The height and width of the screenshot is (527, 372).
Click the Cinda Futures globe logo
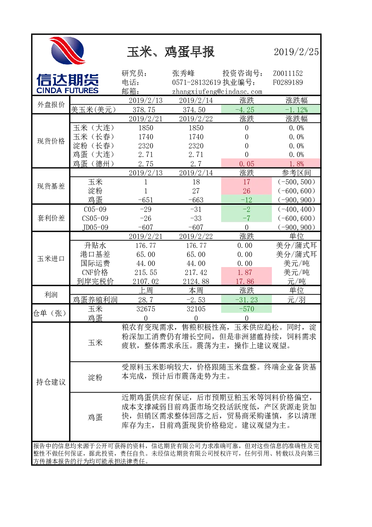67,51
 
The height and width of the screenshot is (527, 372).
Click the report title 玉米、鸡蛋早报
171,52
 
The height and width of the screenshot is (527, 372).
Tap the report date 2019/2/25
296,52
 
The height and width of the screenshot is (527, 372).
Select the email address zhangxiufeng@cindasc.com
217,92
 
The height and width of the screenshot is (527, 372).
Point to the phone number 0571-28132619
196,82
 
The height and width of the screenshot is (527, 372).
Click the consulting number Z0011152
288,73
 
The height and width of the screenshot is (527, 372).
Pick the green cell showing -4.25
246,110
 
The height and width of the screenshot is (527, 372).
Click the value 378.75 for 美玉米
145,110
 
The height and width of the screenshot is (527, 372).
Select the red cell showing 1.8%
296,163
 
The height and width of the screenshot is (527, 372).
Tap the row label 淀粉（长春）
93,146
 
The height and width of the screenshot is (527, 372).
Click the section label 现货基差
51,186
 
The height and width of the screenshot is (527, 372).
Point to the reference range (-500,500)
296,182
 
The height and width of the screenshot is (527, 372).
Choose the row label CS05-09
95,218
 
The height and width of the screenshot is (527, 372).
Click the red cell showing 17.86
246,281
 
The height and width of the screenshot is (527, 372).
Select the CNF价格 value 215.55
145,272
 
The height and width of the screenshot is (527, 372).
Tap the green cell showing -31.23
246,300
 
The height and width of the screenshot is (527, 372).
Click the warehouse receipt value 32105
196,309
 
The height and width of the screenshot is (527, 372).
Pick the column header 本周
196,290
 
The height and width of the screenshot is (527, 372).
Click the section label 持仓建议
51,382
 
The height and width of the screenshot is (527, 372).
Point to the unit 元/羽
296,300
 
